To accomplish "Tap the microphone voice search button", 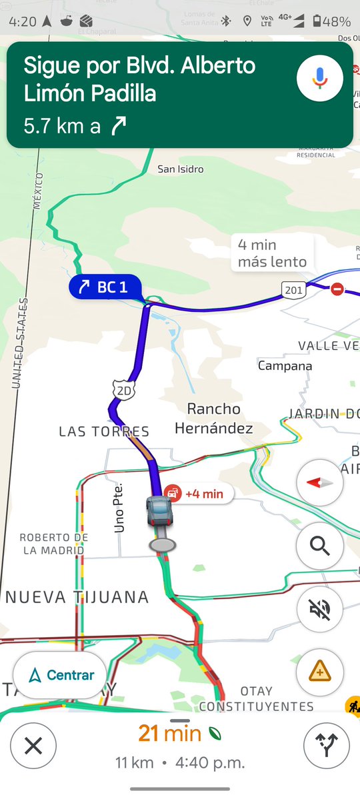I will coord(320,79).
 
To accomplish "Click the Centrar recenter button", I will coord(59,675).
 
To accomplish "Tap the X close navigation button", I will coord(33,746).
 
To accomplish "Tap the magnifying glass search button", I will coord(320,547).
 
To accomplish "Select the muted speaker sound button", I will coord(320,610).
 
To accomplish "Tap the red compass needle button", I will coord(320,482).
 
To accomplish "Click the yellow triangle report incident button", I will coord(320,672).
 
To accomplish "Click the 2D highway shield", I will coord(124,391).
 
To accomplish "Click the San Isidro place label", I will coord(180,169).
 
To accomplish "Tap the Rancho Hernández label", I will coord(213,418).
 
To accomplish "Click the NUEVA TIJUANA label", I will coord(77,597).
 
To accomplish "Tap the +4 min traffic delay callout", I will coord(199,494).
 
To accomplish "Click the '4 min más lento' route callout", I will coord(272,253).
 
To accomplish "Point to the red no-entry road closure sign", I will coord(338,289).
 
